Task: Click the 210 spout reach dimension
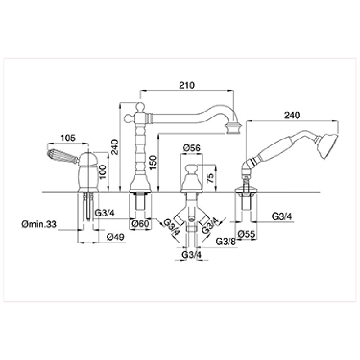tap(187, 85)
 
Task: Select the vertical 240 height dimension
tap(115, 147)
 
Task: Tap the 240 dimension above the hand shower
tap(292, 115)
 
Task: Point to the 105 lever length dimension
tap(68, 138)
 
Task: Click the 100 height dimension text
tap(103, 172)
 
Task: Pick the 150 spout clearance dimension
tap(153, 162)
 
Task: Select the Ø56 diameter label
tap(192, 148)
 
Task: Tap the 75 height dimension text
tap(210, 178)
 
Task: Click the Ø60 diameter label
tap(141, 223)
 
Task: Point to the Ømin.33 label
tap(39, 224)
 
